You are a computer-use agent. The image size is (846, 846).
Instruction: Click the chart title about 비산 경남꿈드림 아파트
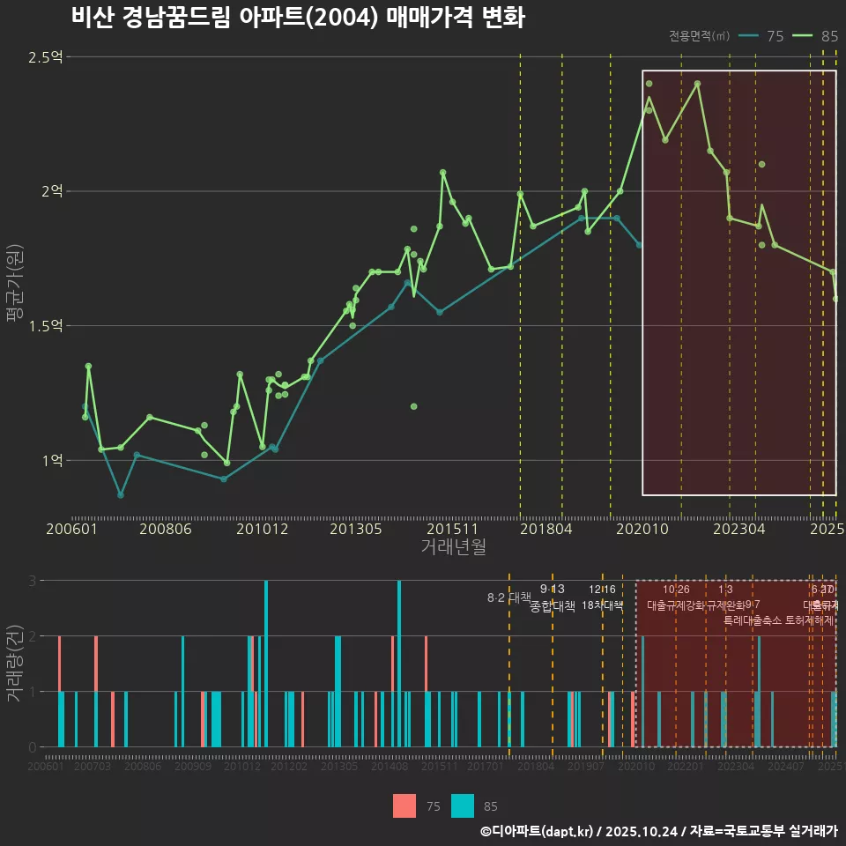298,18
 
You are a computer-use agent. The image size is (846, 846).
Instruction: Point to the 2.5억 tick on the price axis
46,57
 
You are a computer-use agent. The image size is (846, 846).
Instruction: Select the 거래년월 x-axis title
453,546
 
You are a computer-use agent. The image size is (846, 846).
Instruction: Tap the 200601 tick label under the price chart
71,530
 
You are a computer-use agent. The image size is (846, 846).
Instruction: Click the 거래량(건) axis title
15,663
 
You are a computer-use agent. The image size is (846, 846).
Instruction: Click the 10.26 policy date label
676,590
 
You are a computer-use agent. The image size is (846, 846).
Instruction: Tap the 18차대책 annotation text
603,605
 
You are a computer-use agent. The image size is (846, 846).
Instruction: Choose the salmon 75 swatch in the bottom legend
404,805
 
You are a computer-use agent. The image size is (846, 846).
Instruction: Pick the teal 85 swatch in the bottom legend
463,805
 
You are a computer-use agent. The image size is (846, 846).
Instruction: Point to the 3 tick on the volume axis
33,581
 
